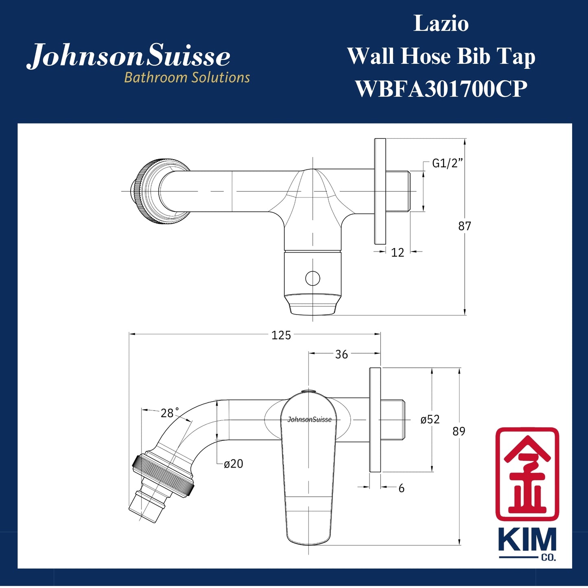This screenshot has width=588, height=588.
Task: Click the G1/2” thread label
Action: (447, 164)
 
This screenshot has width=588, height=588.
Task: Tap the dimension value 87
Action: (464, 226)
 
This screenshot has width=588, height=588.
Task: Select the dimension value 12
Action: (397, 253)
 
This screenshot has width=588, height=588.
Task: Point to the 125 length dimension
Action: (281, 335)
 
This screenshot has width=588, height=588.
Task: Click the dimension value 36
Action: (341, 354)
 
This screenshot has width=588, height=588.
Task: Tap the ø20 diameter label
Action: (234, 464)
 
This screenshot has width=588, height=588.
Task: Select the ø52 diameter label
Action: (430, 420)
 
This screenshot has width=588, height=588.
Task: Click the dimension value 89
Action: (459, 431)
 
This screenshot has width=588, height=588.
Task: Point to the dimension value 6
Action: (401, 488)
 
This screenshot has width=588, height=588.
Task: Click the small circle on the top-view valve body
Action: (313, 279)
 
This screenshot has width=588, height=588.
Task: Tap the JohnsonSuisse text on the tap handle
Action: (309, 420)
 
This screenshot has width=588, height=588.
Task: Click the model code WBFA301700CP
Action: (441, 89)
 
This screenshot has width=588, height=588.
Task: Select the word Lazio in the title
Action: (441, 24)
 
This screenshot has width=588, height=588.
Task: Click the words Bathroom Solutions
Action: (187, 77)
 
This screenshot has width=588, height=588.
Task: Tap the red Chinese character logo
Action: (527, 474)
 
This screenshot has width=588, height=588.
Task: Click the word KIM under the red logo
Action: (527, 540)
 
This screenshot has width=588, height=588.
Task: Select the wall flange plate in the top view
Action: (380, 191)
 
